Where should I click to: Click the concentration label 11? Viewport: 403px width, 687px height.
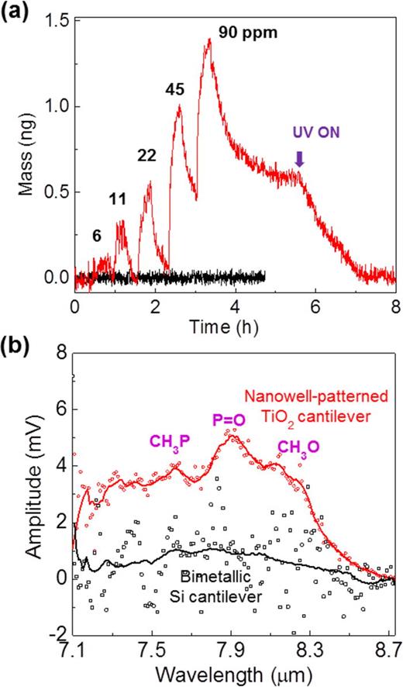(118, 199)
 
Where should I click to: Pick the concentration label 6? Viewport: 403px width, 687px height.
(96, 233)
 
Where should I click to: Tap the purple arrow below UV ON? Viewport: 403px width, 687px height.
(300, 158)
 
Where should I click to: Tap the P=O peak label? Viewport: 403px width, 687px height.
(230, 421)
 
